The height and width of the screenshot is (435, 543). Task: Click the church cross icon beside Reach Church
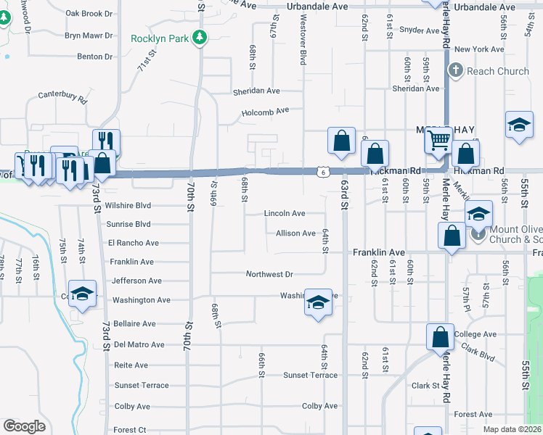tap(456, 71)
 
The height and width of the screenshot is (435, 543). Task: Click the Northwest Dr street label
tap(269, 275)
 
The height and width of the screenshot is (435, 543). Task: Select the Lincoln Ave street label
tap(285, 214)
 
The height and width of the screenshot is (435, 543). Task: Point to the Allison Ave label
tap(295, 233)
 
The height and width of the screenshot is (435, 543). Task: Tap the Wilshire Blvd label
tap(128, 206)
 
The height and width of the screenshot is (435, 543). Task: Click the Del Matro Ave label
tap(139, 345)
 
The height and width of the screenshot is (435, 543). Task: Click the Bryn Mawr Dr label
tap(89, 35)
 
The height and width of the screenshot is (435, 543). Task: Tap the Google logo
tap(24, 426)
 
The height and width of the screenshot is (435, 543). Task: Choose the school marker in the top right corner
tap(520, 124)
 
